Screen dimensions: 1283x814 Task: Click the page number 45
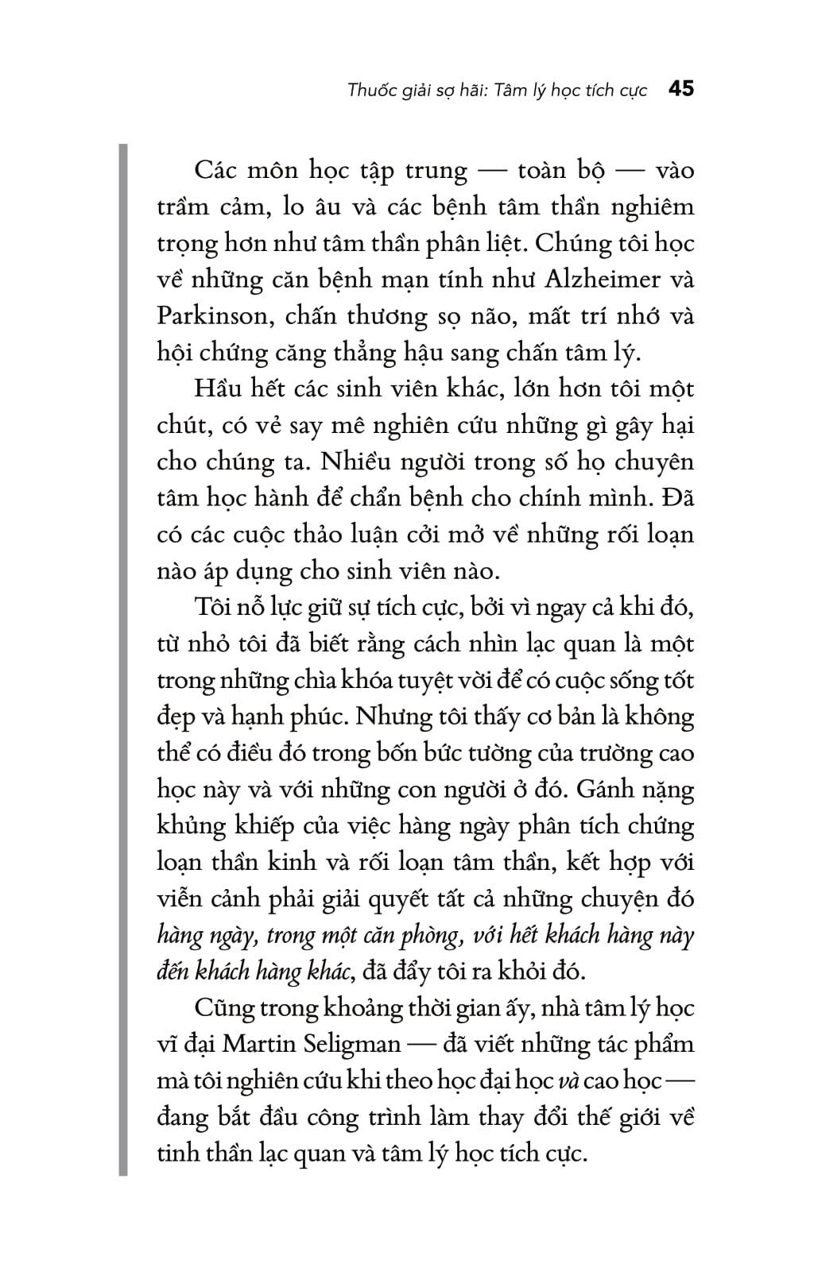(681, 89)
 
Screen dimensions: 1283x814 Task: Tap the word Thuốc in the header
(370, 90)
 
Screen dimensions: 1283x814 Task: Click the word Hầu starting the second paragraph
(218, 389)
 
